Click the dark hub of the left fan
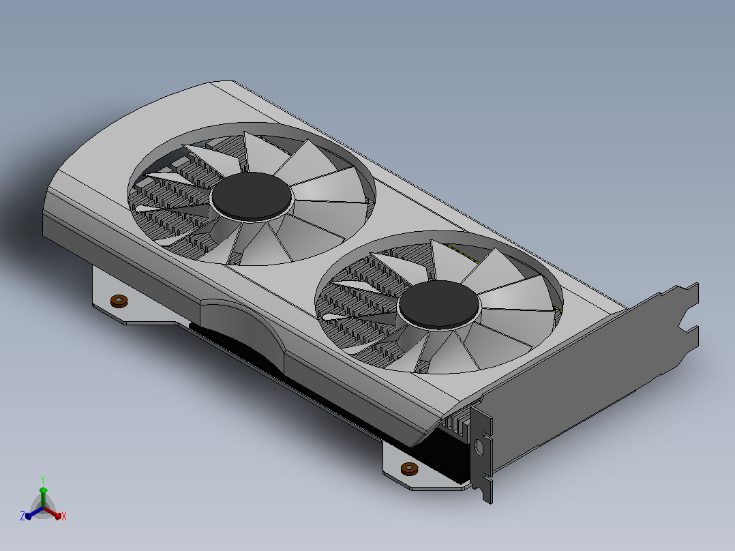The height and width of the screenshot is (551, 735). (x=251, y=196)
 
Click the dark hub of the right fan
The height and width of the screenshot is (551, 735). (x=438, y=304)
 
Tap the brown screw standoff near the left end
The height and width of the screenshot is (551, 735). (x=119, y=301)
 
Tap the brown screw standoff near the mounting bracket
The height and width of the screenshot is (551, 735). (x=410, y=469)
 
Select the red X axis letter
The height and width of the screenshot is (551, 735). (x=64, y=516)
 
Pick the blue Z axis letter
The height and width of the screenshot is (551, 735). (x=22, y=516)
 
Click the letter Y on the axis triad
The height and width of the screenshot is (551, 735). (x=43, y=479)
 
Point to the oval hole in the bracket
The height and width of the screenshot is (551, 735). (x=479, y=447)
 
